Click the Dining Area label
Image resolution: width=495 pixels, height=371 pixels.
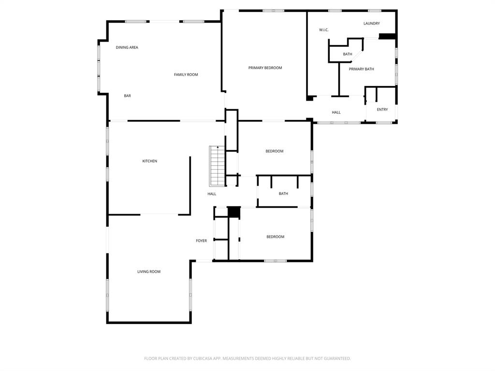point(127,47)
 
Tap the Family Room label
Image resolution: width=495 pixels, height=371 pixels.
point(186,74)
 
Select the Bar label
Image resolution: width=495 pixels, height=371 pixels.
point(127,96)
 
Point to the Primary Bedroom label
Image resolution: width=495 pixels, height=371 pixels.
point(265,68)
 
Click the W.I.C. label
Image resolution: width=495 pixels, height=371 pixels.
point(324,30)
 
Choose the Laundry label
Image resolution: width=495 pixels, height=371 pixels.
point(371,23)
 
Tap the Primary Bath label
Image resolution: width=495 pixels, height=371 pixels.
point(361,69)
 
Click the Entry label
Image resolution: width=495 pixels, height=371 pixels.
point(382,109)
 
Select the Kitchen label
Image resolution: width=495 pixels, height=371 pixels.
point(149,161)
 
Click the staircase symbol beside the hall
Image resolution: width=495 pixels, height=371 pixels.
point(217,166)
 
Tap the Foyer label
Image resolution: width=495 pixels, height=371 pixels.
point(201,241)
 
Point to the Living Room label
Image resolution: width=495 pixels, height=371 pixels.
point(148,272)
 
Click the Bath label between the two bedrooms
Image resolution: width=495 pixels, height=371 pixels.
point(283,194)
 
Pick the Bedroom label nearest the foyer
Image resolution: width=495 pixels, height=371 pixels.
point(275,237)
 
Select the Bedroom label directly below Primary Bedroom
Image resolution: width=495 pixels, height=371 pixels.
point(274,151)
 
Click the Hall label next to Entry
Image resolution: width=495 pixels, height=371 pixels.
point(336,112)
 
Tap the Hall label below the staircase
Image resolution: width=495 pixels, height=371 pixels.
point(212,194)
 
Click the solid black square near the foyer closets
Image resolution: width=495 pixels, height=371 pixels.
point(234,212)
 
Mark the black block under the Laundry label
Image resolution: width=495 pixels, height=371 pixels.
point(387,36)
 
